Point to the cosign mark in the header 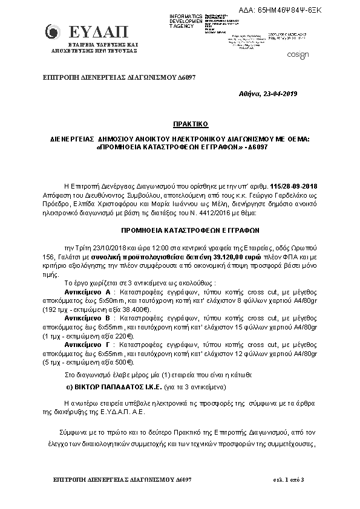coord(300,55)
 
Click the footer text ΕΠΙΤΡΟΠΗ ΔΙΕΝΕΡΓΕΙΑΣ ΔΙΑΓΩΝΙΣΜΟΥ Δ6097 coord(114,479)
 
